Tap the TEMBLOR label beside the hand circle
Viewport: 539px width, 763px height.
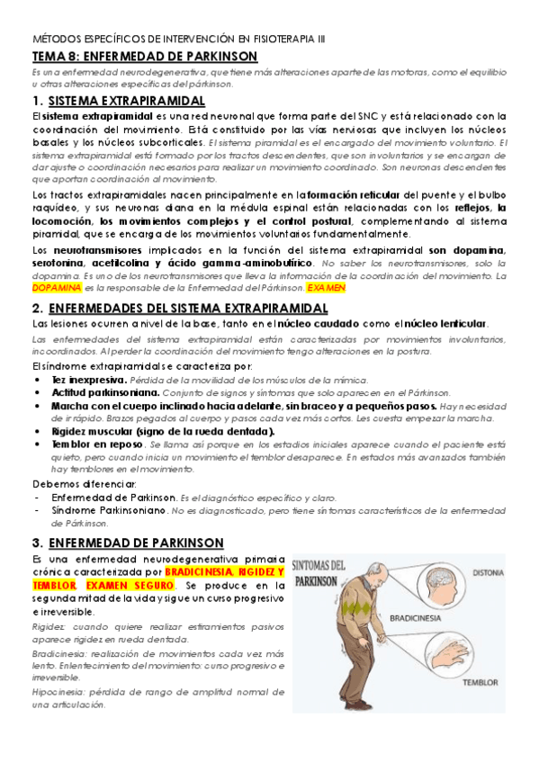pyautogui.click(x=480, y=682)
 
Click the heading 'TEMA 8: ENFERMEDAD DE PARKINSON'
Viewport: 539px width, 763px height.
pyautogui.click(x=145, y=57)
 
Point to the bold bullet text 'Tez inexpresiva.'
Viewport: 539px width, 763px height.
pyautogui.click(x=81, y=381)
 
